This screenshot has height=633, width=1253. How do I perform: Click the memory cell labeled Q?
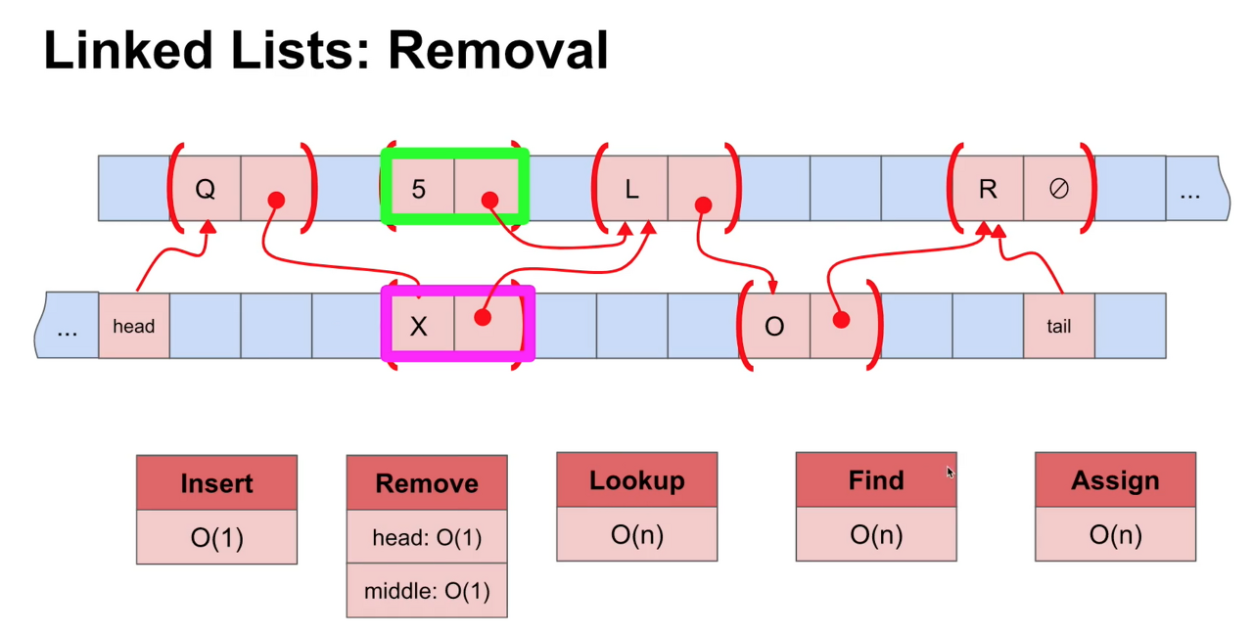pos(205,189)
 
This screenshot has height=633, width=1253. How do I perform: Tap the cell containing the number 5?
pos(418,189)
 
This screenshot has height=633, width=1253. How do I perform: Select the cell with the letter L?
pos(631,189)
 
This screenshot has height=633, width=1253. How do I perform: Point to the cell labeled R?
pos(987,189)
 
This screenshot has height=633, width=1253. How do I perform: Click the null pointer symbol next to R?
pos(1058,189)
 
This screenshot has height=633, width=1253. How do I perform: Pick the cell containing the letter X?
pos(418,326)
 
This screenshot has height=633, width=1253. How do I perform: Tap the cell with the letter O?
pos(773,326)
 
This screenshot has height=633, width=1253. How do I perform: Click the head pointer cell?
pos(134,326)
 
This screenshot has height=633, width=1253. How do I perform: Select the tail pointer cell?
pos(1058,326)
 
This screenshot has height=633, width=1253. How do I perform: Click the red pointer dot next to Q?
pos(276,201)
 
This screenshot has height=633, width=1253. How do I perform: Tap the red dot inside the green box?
pos(489,201)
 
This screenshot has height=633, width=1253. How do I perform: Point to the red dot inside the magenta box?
pos(482,318)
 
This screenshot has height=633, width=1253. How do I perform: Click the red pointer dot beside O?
pos(840,319)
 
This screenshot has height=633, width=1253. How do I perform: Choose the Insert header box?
pos(216,483)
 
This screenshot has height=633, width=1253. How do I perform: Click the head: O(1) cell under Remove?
pos(427,537)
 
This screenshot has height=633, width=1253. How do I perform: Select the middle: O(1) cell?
pos(427,591)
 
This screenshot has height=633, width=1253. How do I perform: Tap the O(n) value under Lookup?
pos(636,534)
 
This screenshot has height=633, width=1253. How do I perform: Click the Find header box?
pos(875,480)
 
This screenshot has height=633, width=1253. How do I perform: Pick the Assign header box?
pos(1115,480)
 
